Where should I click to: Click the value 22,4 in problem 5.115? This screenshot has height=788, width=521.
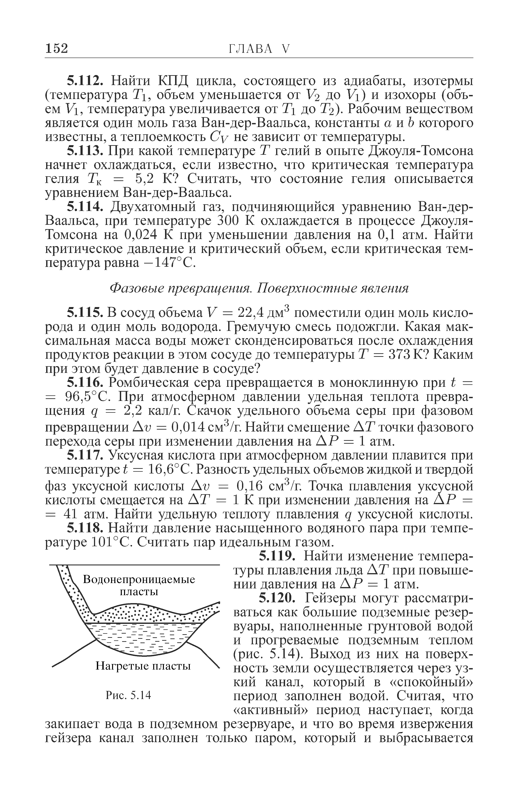(x=252, y=313)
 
